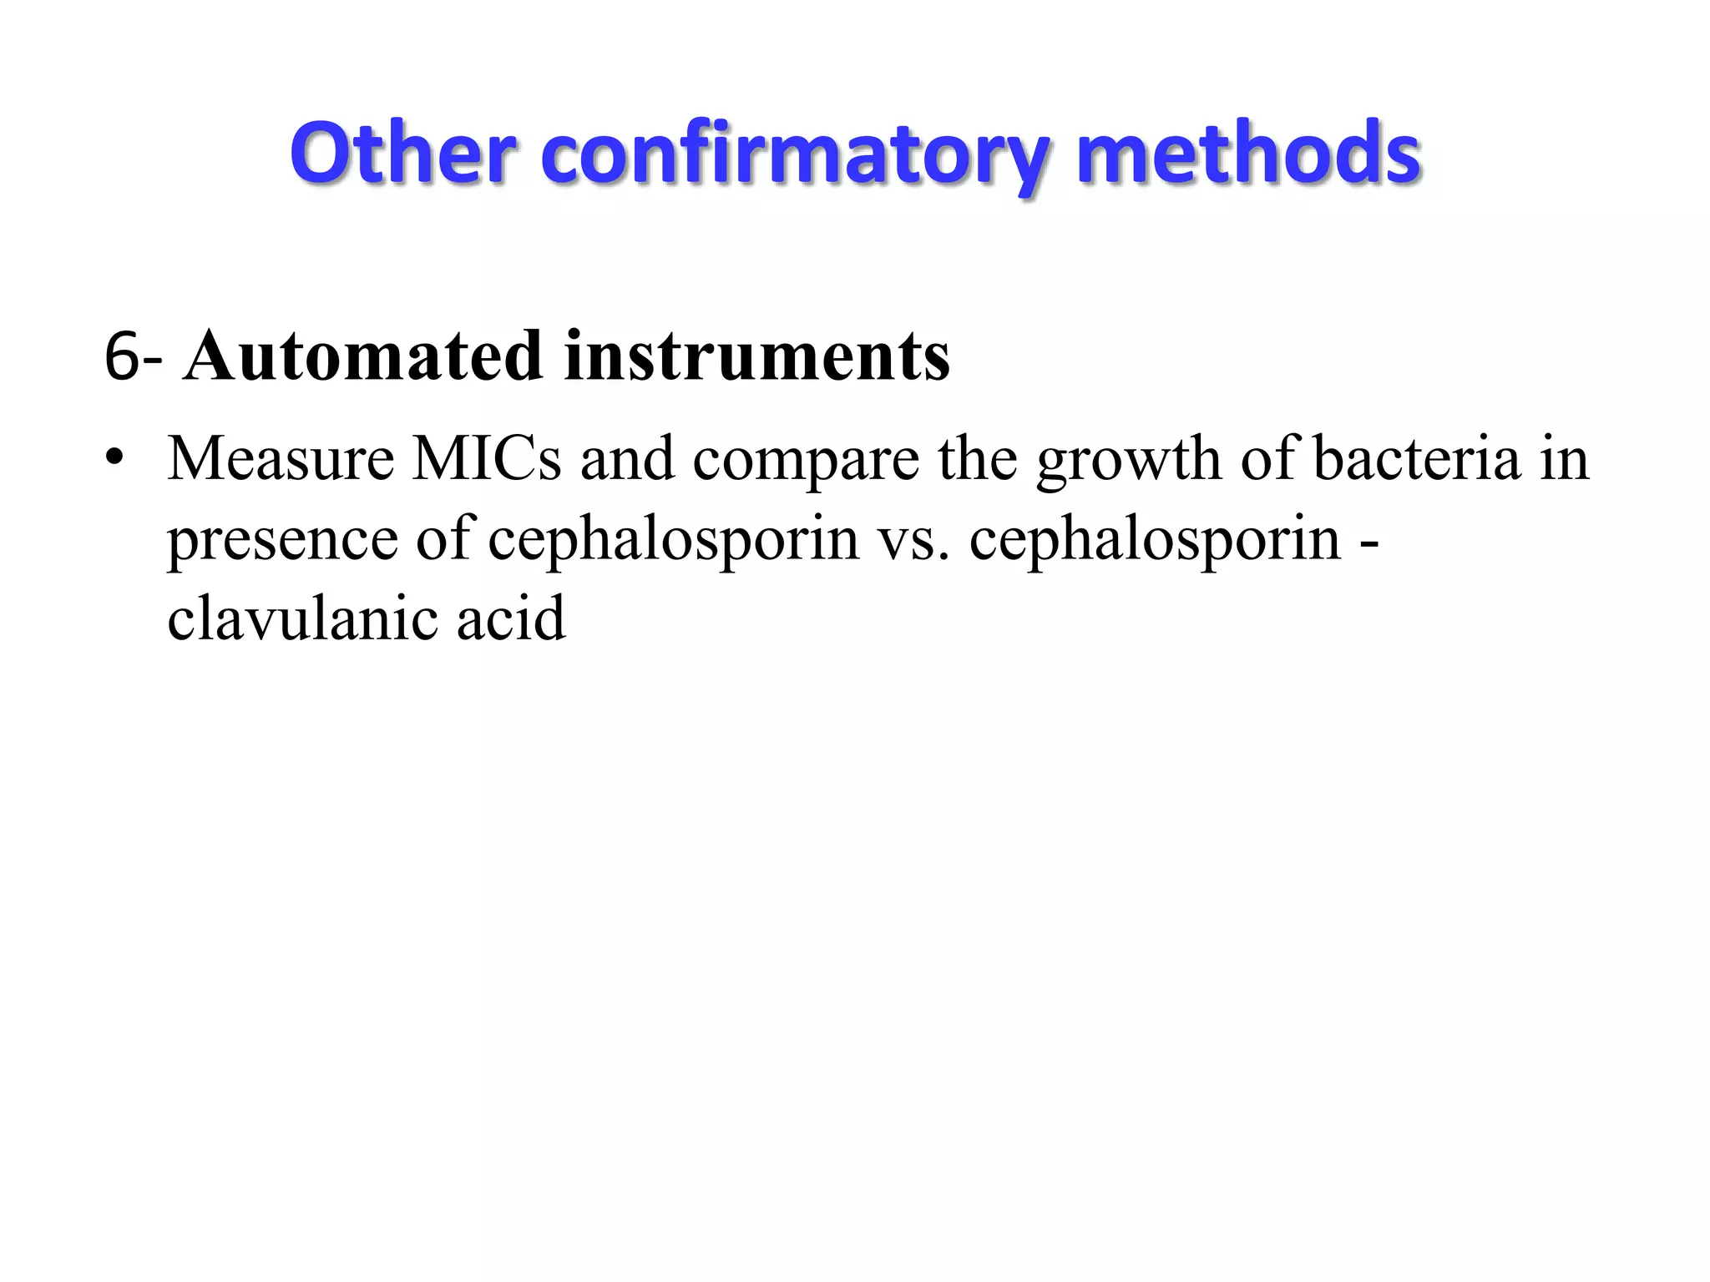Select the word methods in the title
coord(1249,154)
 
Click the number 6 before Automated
coord(122,357)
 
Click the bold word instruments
coord(756,356)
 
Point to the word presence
coord(282,541)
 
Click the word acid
coord(511,618)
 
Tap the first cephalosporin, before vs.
coord(673,541)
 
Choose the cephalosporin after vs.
coord(1155,541)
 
